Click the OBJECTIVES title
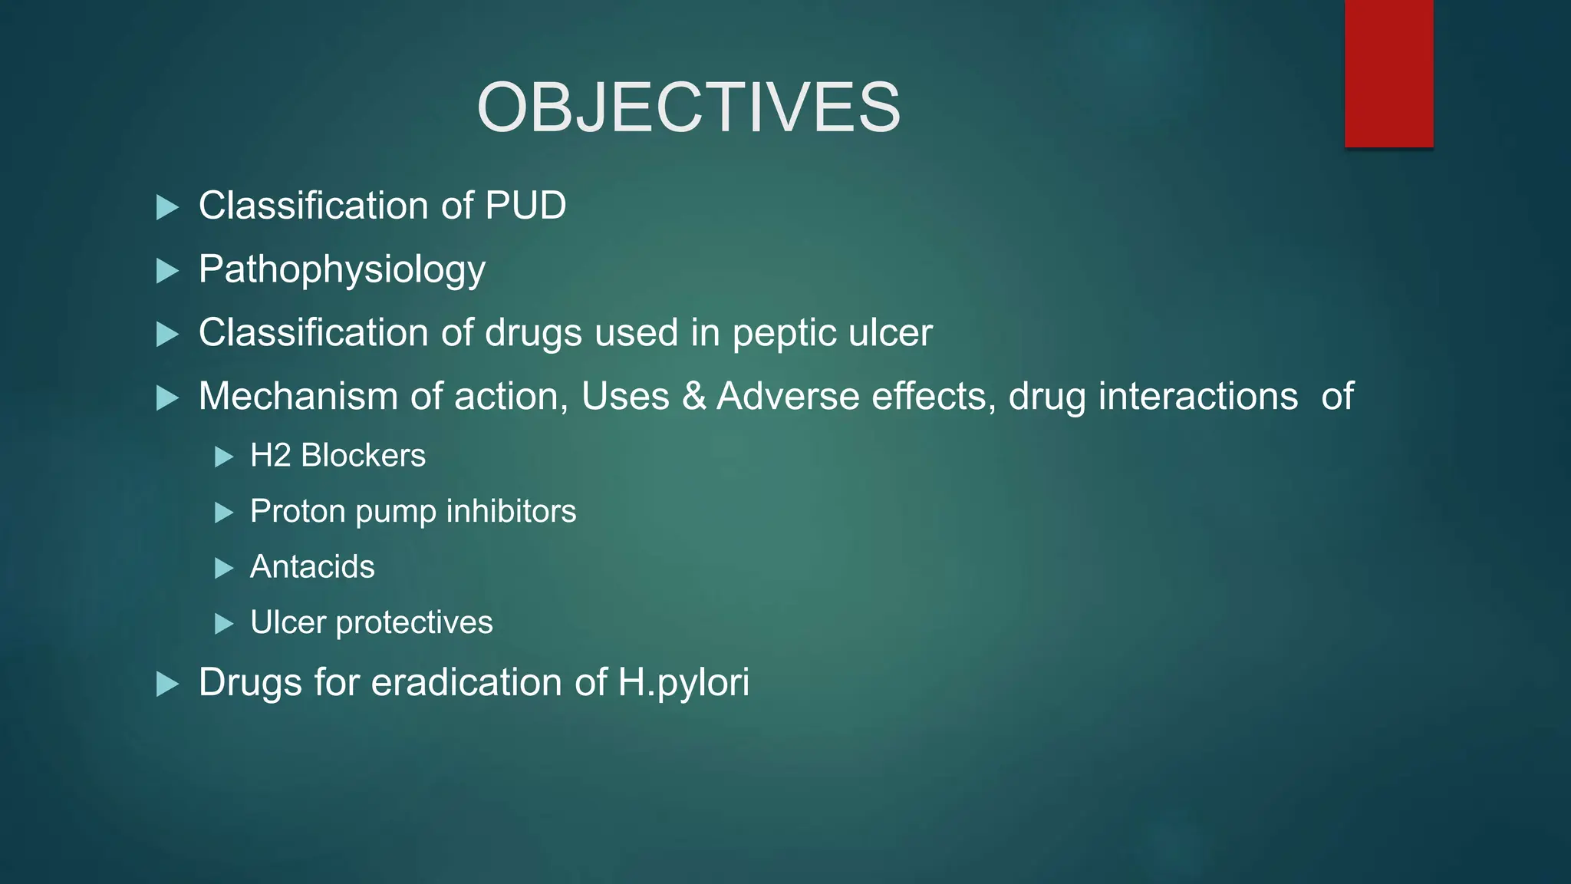coord(688,107)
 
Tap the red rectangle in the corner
coord(1388,73)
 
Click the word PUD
coord(525,206)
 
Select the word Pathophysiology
coord(342,270)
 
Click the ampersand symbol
coord(693,397)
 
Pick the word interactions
coord(1198,397)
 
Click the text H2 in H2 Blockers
coord(270,456)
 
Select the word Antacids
coord(312,567)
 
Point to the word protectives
coord(414,623)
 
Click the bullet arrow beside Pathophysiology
coord(167,271)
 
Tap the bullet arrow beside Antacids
coord(223,569)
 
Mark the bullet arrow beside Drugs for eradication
coord(167,684)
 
